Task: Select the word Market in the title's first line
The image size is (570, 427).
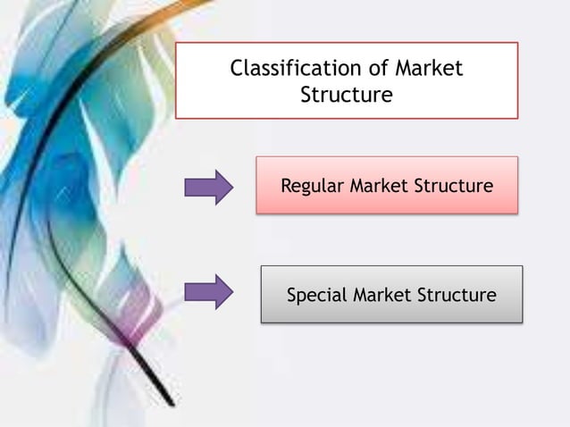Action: pos(422,69)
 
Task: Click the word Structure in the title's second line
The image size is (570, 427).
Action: pos(346,95)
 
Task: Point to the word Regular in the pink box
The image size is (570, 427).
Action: pos(312,187)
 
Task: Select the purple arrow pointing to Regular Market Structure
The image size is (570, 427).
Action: pos(208,188)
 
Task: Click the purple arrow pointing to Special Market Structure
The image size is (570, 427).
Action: pos(208,292)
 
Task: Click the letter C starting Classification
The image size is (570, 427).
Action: pos(237,69)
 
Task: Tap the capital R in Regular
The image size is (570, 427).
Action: pos(287,187)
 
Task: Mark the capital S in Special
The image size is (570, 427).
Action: pos(291,295)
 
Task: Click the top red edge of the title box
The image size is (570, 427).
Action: pos(346,43)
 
